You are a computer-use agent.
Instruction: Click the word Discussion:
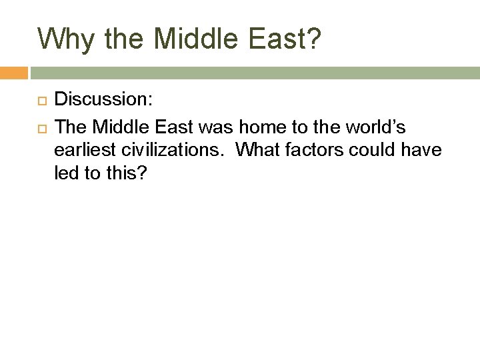tap(104, 100)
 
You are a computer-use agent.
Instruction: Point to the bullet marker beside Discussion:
tap(41, 100)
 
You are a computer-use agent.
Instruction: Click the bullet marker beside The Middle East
tap(41, 125)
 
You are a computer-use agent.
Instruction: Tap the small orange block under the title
tap(13, 73)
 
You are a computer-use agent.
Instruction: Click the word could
tap(383, 151)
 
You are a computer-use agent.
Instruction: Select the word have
tap(424, 151)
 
